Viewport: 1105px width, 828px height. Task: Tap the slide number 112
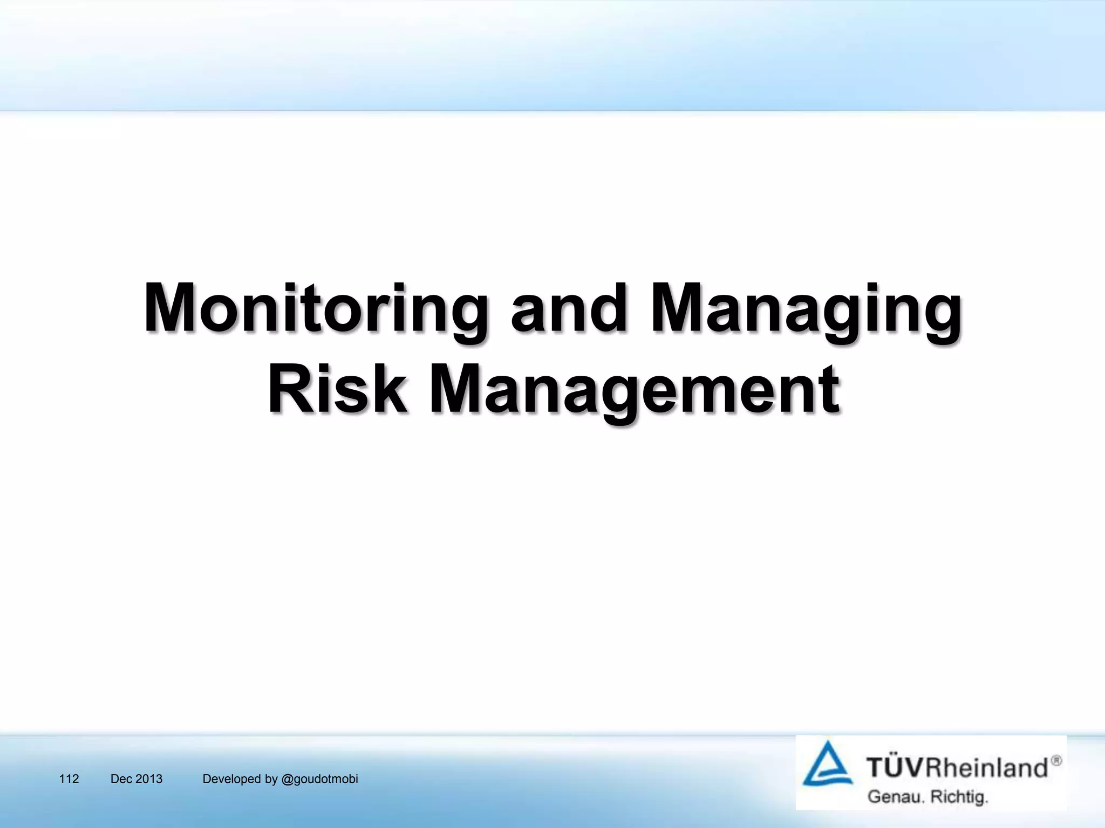tap(69, 779)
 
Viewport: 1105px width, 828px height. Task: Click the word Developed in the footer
tap(232, 779)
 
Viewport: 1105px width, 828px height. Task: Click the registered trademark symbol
tap(1056, 761)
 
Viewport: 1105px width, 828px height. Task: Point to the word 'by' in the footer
tap(271, 779)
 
